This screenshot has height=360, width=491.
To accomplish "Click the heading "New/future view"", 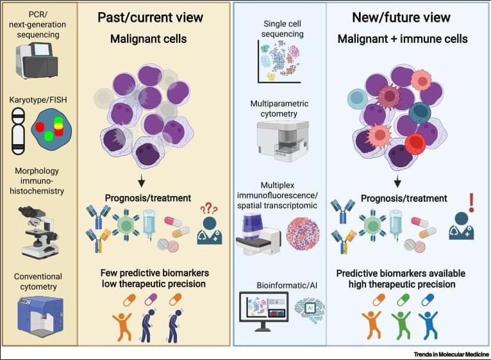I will tap(401, 17).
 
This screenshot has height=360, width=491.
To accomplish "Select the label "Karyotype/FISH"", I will tap(37, 100).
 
